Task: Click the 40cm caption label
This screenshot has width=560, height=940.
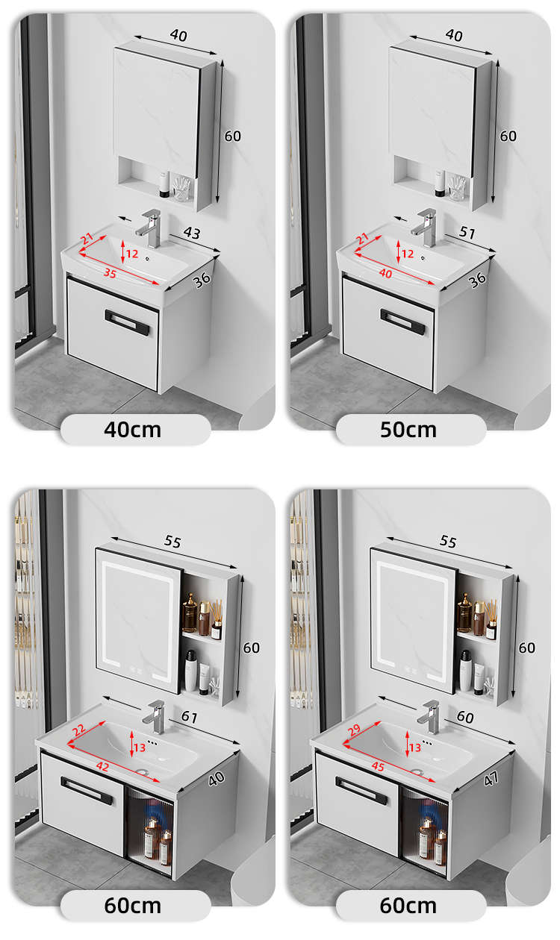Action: point(133,430)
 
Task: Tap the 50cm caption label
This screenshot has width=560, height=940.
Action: point(408,430)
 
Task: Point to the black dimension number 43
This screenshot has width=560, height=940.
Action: point(192,232)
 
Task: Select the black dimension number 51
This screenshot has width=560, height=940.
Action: point(467,231)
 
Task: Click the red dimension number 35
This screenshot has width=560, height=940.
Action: point(110,273)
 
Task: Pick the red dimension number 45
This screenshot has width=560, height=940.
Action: point(378,767)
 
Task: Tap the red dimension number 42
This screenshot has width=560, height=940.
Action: point(102,767)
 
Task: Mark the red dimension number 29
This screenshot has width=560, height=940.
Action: point(354,730)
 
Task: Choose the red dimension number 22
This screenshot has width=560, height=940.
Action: point(78,730)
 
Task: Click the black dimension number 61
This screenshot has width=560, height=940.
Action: point(190,716)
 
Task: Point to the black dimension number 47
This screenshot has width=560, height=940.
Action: point(491,778)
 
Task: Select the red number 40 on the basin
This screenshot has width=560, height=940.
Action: point(386,273)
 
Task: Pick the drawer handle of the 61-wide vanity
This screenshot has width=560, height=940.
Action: point(87,790)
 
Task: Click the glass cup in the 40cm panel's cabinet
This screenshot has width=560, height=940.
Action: point(181,189)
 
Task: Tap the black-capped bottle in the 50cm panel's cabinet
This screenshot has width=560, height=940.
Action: point(440,184)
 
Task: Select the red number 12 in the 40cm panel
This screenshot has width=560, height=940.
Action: point(132,254)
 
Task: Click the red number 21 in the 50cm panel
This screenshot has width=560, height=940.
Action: point(362,239)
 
